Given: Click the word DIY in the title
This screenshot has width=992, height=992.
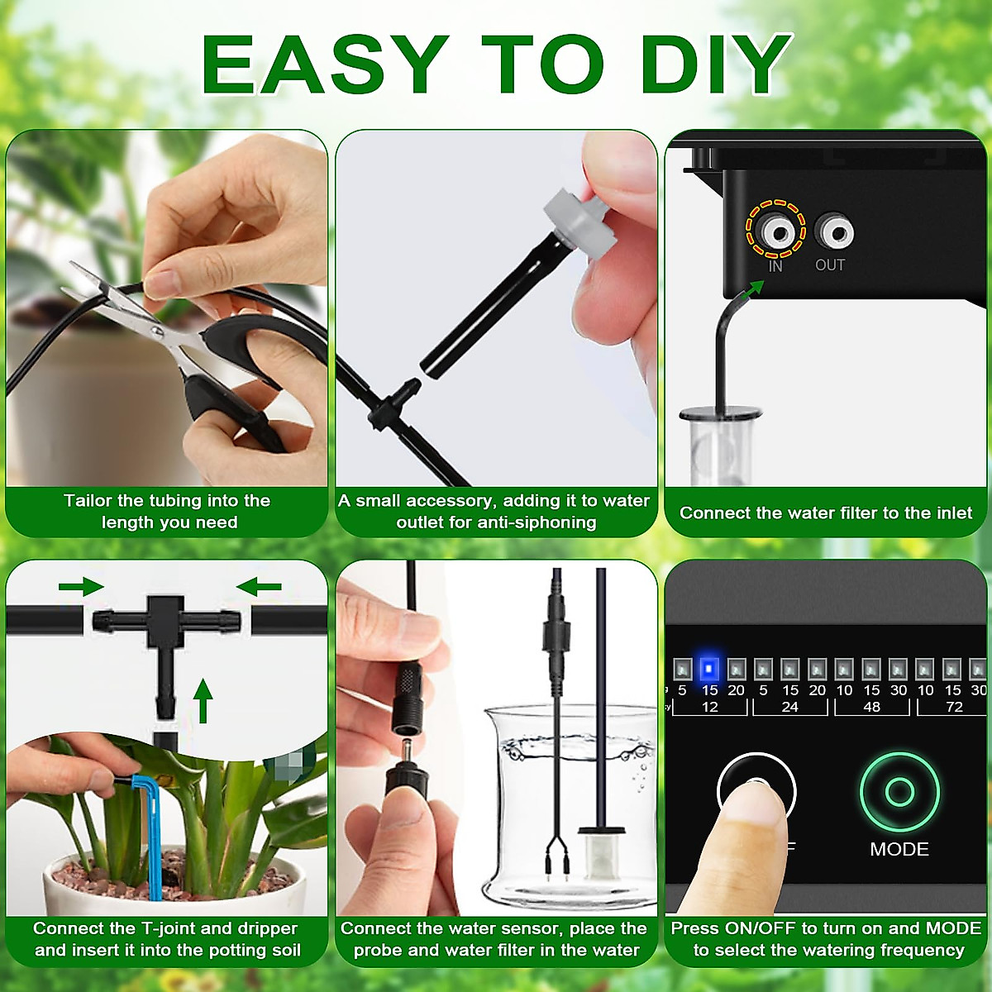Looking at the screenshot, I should [716, 64].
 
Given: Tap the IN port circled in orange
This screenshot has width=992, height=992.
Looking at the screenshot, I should [775, 231].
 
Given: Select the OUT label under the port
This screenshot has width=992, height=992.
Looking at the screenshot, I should [830, 265].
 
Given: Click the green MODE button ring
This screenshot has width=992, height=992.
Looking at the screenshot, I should [899, 791].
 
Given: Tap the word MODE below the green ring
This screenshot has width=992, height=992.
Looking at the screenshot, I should [899, 849].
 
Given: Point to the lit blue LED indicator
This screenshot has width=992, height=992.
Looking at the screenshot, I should [709, 668].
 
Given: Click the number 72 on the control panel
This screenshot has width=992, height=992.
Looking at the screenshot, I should [954, 707].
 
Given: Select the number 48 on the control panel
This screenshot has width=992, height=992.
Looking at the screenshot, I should [871, 707].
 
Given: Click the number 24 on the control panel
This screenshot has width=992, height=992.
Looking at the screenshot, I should [789, 707].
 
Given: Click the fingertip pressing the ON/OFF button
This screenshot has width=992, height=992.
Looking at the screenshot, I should [748, 806].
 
